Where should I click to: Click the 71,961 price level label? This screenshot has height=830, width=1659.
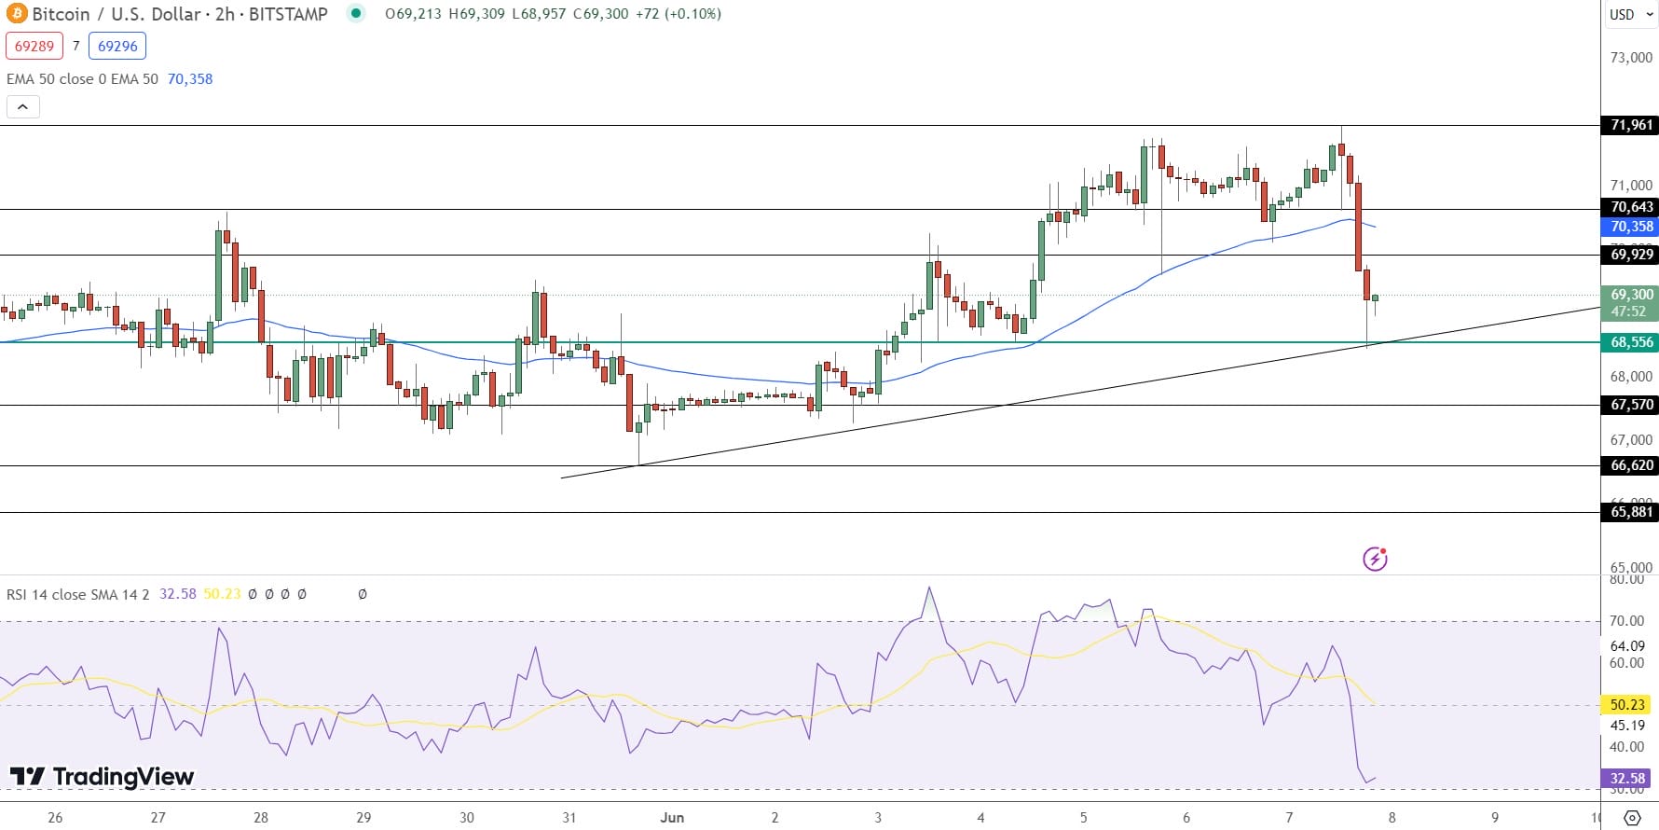point(1631,125)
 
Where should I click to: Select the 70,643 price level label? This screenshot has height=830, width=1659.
point(1631,207)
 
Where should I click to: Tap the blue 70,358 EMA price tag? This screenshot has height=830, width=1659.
point(1631,227)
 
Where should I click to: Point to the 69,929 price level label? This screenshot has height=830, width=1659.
point(1631,255)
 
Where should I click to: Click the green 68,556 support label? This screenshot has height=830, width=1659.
point(1631,342)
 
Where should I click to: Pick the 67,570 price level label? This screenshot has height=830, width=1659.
point(1631,405)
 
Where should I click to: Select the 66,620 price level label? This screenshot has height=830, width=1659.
point(1631,465)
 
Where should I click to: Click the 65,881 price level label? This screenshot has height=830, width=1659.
point(1631,511)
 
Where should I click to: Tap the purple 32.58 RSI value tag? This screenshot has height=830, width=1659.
point(1627,778)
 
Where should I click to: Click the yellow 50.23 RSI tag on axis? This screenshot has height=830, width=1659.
point(1627,705)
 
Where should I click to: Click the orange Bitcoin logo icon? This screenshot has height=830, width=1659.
point(17,14)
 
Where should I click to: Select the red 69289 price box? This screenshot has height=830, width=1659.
point(34,46)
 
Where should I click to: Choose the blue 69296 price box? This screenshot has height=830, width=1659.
point(117,46)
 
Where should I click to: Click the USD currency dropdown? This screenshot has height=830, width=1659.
point(1630,14)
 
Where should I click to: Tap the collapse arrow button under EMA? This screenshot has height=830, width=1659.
point(22,106)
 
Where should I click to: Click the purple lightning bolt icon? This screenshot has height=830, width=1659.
point(1375,559)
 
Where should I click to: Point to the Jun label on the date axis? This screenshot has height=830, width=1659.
point(672,817)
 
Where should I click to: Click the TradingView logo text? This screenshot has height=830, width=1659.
point(103,776)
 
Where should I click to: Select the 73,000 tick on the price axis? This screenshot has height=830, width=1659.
point(1631,58)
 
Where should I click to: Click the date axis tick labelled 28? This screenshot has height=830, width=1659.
point(261,817)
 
